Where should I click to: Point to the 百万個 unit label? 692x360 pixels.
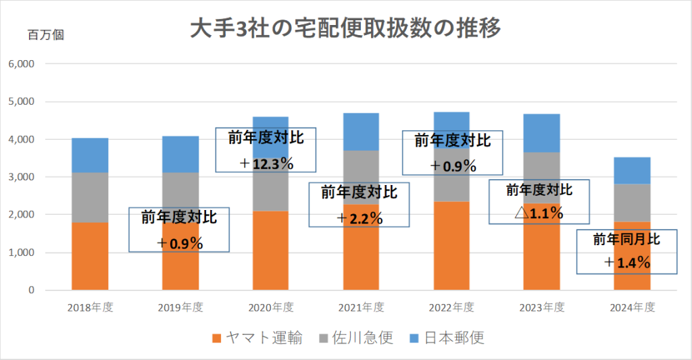tap(45, 34)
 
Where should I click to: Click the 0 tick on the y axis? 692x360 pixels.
tap(31, 290)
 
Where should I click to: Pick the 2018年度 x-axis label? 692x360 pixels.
tap(90, 307)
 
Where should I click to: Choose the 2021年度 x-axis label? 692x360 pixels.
tap(361, 307)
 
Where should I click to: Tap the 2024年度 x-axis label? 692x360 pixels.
tap(633, 307)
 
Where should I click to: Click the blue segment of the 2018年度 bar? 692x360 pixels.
tap(90, 155)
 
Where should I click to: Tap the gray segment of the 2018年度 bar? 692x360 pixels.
tap(90, 197)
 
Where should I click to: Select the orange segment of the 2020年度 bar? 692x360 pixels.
tap(270, 250)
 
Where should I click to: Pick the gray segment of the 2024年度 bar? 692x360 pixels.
tap(632, 203)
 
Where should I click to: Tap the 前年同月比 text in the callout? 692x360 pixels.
tap(626, 239)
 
